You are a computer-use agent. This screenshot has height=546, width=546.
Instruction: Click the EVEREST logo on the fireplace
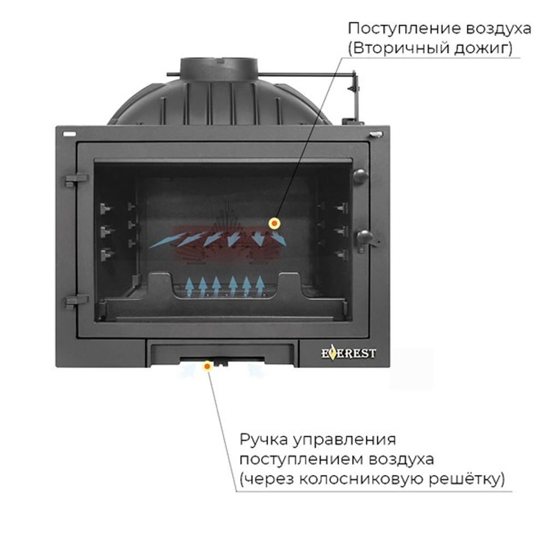coord(348,354)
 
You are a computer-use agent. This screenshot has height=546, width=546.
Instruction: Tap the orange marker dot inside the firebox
coord(274,223)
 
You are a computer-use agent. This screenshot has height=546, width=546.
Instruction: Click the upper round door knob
coord(359,175)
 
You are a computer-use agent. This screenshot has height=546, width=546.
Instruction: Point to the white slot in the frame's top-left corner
coord(69,133)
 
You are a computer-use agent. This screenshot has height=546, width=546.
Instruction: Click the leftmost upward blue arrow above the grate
coord(189,285)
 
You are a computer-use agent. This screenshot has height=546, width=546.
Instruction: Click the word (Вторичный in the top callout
coord(386,49)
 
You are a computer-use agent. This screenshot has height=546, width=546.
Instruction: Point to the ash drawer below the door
coord(221,353)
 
